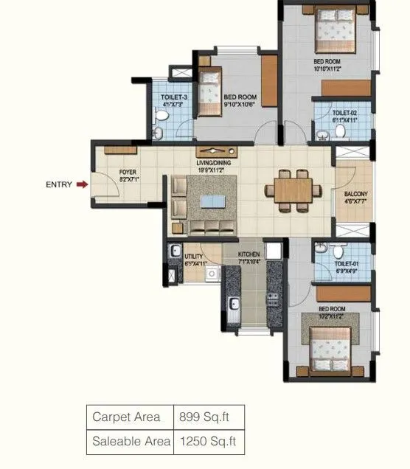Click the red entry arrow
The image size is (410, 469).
pos(83,184)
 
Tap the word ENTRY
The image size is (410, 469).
pos(59,184)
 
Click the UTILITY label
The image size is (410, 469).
pos(194,258)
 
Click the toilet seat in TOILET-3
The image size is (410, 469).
pos(159,133)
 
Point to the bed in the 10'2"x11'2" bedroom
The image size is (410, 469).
pos(331,347)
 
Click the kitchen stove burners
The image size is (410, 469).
pos(272,299)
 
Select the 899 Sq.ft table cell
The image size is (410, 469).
pos(207,417)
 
